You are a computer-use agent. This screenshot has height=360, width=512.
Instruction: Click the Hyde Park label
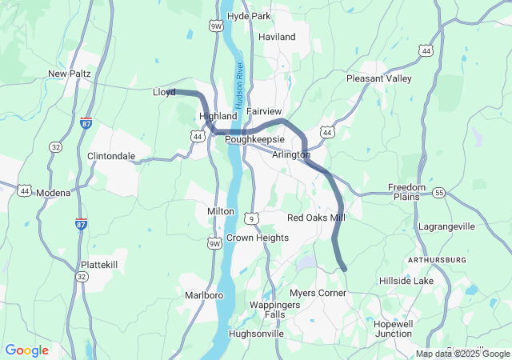click(250, 16)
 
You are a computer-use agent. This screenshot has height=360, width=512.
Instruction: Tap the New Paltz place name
click(70, 74)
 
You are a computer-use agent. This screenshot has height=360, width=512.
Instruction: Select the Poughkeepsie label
click(255, 139)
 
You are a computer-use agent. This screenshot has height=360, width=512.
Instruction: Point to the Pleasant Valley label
click(378, 78)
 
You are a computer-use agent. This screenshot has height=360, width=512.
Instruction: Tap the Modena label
click(54, 193)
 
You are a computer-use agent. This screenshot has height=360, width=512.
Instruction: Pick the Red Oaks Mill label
click(316, 218)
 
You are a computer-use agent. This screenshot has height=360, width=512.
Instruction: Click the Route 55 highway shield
click(439, 194)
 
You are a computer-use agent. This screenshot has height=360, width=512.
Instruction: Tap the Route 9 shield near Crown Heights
click(251, 218)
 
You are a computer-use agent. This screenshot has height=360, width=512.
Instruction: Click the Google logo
click(26, 350)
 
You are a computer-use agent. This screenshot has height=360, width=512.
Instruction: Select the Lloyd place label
click(164, 92)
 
